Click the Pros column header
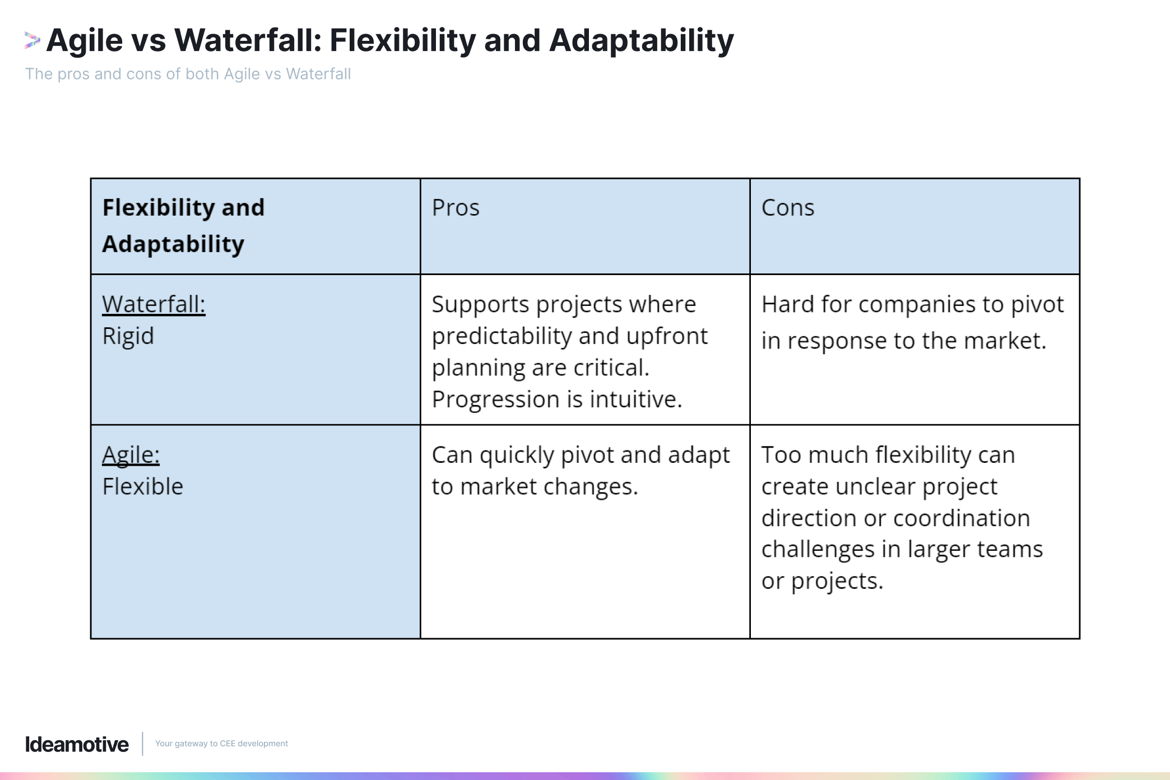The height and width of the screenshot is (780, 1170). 456,208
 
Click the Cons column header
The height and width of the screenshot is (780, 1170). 787,208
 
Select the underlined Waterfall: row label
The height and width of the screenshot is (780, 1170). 154,304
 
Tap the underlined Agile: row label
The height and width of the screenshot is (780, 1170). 131,454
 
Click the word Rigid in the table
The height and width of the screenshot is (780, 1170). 128,336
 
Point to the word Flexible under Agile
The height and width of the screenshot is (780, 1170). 142,486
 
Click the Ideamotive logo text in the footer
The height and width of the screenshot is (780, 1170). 77,744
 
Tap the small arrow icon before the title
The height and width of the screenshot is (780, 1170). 32,40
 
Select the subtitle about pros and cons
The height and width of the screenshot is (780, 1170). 188,74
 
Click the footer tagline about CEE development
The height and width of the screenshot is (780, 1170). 221,744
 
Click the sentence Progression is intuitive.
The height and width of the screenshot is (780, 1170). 556,400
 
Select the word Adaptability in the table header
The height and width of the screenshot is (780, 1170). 173,244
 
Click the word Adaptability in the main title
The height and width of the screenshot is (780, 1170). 641,40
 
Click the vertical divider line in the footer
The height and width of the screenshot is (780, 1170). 142,744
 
